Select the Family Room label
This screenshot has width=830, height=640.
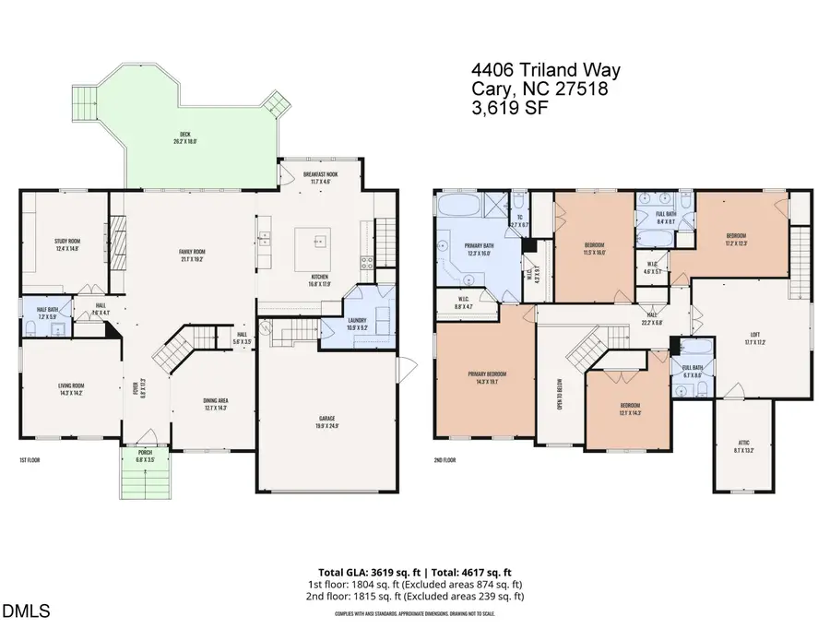(192, 255)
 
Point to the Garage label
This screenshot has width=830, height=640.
(327, 422)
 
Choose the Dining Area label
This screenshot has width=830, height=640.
(219, 404)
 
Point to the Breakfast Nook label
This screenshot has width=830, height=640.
(319, 177)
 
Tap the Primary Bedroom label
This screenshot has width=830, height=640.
(486, 375)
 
